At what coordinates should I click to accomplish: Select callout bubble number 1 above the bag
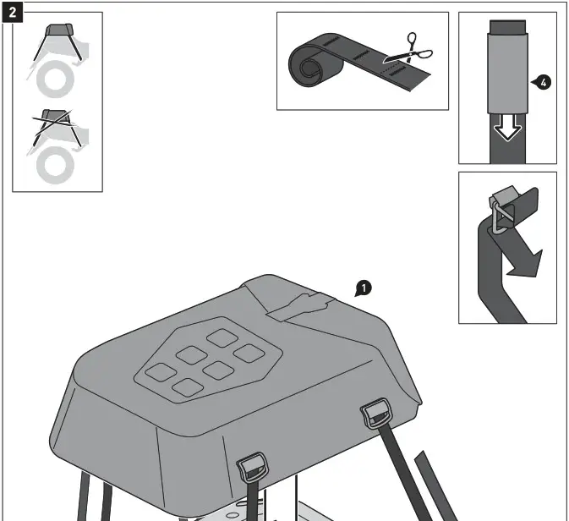click(364, 289)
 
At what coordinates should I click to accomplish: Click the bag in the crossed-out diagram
click(57, 118)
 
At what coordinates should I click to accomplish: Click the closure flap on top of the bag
click(300, 305)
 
